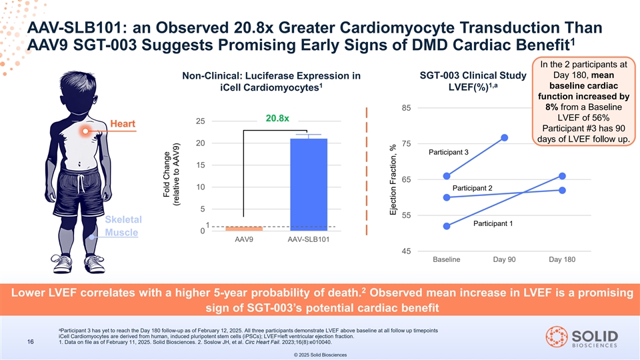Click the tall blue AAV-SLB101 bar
(309, 184)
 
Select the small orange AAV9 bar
(243, 229)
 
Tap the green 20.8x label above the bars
(277, 119)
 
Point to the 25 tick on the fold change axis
(200, 121)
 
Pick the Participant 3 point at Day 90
(505, 137)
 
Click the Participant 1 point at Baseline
(447, 226)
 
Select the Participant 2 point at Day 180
(563, 190)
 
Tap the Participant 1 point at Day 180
(563, 176)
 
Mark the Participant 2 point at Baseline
(447, 197)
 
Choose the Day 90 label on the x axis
(505, 259)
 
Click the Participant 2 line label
(471, 188)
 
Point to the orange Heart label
(124, 125)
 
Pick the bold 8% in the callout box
(551, 107)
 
